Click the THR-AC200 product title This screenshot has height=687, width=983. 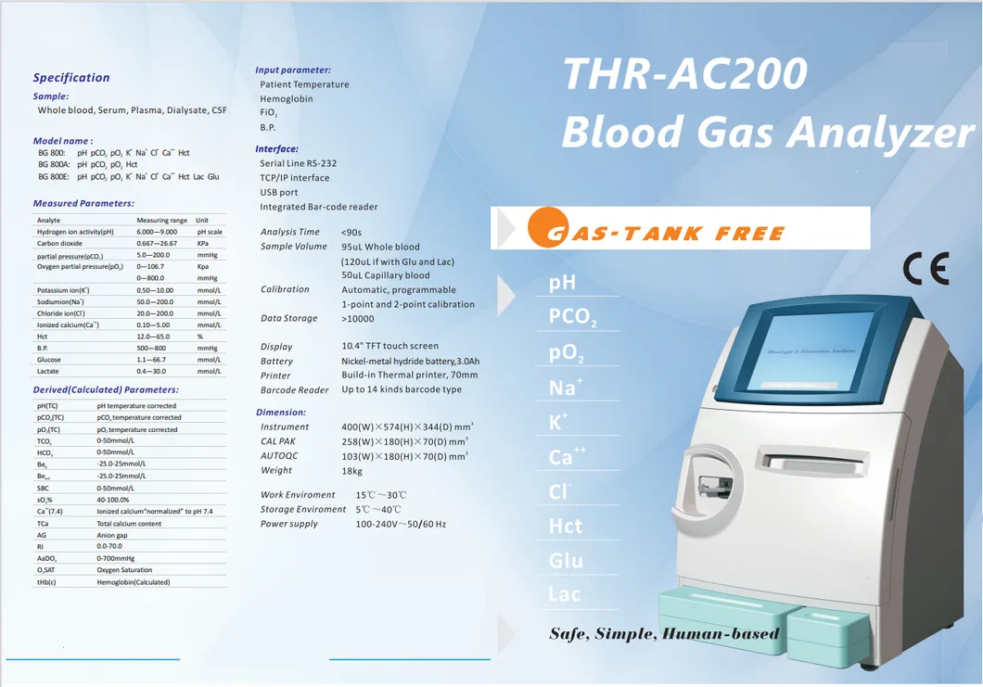pos(685,74)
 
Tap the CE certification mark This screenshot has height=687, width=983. pos(925,269)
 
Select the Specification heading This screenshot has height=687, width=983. pos(71,78)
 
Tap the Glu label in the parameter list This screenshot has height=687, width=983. pos(566,561)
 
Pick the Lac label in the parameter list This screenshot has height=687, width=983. pos(565,594)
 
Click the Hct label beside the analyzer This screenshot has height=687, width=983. pos(566,527)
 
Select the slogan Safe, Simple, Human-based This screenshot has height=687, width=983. pos(664,634)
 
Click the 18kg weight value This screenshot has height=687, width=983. pos(351,471)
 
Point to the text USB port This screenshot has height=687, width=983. pos(279,193)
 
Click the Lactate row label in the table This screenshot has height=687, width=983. pos(48,372)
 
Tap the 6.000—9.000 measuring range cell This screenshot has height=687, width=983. pos(157,232)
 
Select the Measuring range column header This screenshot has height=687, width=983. pos(161,221)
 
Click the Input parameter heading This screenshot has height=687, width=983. pos(293,70)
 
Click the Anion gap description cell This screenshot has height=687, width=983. pos(113,535)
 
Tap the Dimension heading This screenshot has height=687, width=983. pos(281,413)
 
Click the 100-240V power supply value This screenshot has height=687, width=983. pos(401,525)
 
